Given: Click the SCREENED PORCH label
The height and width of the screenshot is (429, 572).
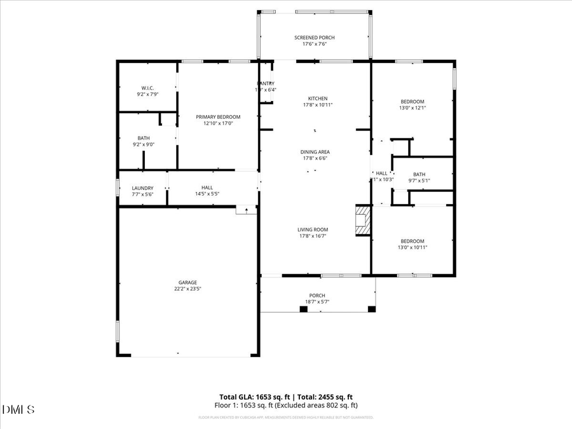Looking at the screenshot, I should (x=314, y=37).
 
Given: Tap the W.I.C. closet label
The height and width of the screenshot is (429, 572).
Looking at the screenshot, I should (x=147, y=88).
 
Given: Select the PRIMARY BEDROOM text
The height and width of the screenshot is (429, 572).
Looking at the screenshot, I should (x=218, y=117).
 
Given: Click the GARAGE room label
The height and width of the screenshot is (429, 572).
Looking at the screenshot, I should (x=187, y=282).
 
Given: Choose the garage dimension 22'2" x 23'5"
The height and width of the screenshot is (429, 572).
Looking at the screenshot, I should (x=187, y=289).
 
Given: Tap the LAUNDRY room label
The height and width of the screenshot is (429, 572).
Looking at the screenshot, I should (x=142, y=188).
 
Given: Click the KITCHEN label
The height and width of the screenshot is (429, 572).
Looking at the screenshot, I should (x=318, y=99).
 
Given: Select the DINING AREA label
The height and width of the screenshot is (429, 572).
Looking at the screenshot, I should (x=315, y=152).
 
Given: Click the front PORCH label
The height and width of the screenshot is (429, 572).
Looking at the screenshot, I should (x=317, y=296).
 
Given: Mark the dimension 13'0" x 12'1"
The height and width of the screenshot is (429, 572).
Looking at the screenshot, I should (x=412, y=108).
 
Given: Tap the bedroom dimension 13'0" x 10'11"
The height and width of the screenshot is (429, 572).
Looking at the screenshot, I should (x=412, y=247).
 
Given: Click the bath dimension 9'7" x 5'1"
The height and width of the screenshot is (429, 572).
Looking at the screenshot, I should (x=419, y=180).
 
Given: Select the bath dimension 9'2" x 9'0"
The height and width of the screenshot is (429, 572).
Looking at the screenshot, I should (x=144, y=144).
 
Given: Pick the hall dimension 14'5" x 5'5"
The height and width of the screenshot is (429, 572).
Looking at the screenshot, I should (x=207, y=194).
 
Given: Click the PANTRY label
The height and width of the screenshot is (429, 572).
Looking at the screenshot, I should (x=266, y=83).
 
